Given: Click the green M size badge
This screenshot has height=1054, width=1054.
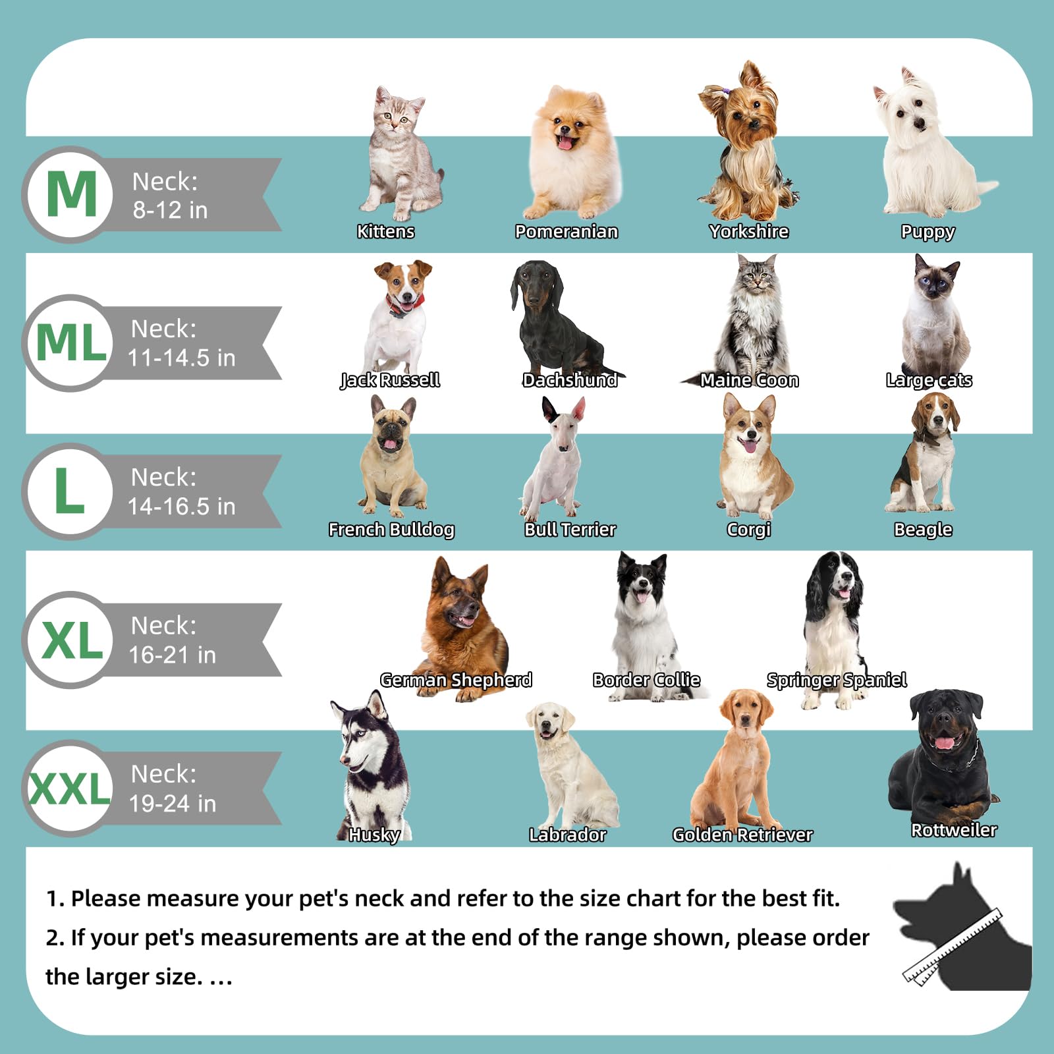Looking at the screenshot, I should pyautogui.click(x=71, y=194).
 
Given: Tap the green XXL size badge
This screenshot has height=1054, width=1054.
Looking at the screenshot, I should pyautogui.click(x=70, y=788).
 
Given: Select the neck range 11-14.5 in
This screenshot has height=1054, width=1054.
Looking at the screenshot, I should pyautogui.click(x=181, y=358).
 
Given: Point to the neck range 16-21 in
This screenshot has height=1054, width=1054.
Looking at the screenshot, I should pyautogui.click(x=172, y=655).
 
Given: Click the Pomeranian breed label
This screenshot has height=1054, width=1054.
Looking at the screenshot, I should pyautogui.click(x=567, y=231).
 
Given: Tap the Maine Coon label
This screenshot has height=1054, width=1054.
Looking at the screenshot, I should pyautogui.click(x=749, y=380).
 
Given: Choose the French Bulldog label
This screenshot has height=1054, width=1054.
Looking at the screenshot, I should pyautogui.click(x=391, y=530).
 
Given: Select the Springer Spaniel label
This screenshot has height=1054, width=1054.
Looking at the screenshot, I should pyautogui.click(x=837, y=680).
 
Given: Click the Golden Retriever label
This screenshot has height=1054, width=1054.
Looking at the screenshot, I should pyautogui.click(x=742, y=835).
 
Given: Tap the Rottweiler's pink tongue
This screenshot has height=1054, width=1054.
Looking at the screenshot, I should pyautogui.click(x=945, y=742).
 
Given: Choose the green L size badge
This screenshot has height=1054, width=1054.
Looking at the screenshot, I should pyautogui.click(x=69, y=491).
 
